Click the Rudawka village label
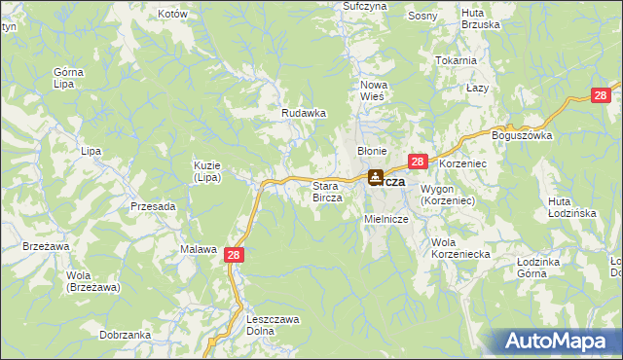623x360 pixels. [x=303, y=113]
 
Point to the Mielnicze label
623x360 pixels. [x=385, y=220]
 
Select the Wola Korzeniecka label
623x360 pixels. [x=460, y=247]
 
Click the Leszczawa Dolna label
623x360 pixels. [x=274, y=325]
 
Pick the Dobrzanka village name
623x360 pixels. [x=125, y=335]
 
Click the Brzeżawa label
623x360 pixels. [x=46, y=247]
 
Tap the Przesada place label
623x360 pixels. [x=153, y=206]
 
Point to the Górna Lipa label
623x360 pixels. [x=68, y=79]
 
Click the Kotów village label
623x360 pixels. [x=171, y=15]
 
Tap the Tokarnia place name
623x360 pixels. [x=457, y=60]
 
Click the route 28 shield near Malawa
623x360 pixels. [x=233, y=253]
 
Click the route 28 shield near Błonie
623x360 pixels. [x=417, y=162]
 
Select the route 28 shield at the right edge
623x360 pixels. [x=604, y=94]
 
